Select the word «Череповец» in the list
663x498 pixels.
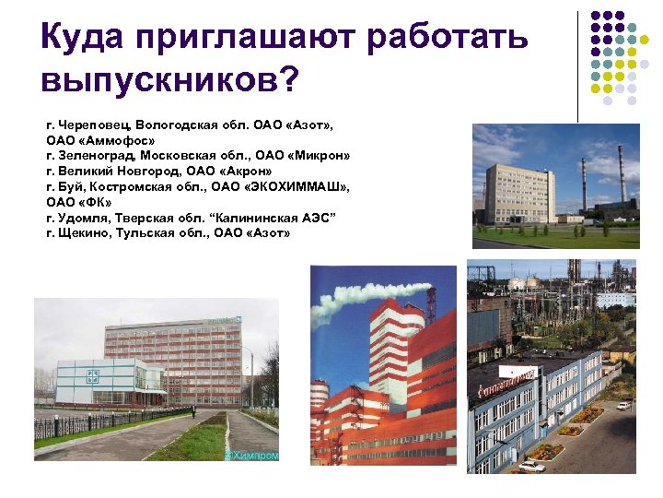click(96, 123)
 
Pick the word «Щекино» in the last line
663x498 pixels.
click(87, 232)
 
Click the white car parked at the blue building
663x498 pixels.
click(533, 466)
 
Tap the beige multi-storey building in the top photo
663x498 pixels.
click(520, 193)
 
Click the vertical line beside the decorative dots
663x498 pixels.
click(578, 65)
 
